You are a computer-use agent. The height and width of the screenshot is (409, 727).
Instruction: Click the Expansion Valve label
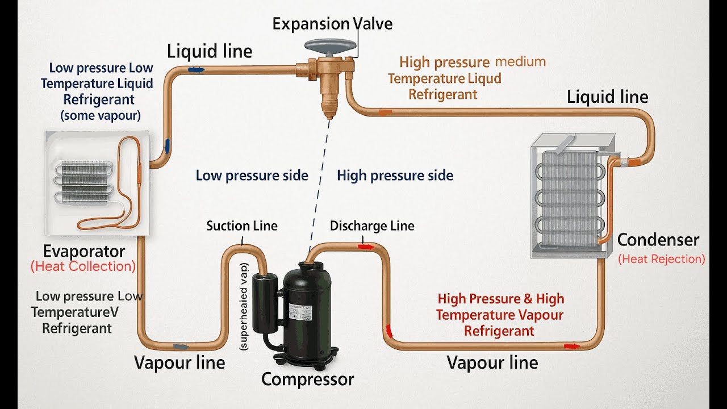[x=332, y=24]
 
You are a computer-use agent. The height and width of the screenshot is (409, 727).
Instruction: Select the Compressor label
[x=307, y=379]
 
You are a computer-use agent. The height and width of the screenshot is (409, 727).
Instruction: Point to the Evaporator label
[x=84, y=251]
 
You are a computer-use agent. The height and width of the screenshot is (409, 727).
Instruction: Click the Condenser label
[x=658, y=240]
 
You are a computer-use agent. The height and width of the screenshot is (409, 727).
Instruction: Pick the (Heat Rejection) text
[x=662, y=259]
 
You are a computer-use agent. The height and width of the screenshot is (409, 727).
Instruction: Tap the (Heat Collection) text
[x=83, y=266]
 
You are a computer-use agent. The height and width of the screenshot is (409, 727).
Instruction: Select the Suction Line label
[x=242, y=226]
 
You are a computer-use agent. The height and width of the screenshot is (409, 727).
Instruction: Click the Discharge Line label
[x=372, y=226]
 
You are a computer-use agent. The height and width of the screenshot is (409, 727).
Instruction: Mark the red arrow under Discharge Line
[x=366, y=247]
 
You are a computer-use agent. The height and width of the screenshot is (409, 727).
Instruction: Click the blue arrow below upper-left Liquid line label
[x=196, y=69]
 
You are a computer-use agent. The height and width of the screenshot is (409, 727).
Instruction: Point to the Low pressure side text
[x=252, y=176]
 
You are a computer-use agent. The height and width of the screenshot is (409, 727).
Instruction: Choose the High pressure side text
[x=395, y=176]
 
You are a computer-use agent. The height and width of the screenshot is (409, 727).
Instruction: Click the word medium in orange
[x=520, y=61]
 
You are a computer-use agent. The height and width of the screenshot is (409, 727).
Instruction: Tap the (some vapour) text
[x=101, y=115]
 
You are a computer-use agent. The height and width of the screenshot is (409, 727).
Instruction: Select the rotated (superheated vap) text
[x=244, y=306]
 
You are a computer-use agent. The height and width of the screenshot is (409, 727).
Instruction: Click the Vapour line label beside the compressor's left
[x=179, y=362]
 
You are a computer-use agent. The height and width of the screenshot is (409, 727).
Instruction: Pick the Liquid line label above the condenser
[x=607, y=97]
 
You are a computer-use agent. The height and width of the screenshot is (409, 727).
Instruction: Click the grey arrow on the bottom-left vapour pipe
[x=181, y=347]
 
